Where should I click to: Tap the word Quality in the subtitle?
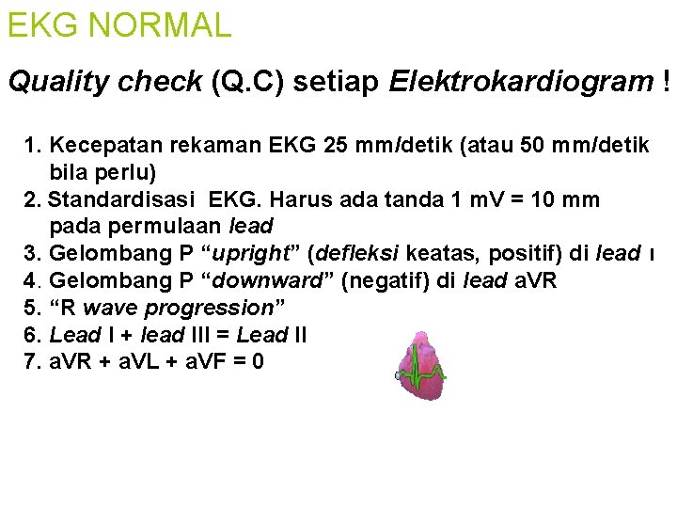click(54, 83)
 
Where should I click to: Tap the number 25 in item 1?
click(335, 146)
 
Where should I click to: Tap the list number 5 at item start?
click(32, 308)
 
